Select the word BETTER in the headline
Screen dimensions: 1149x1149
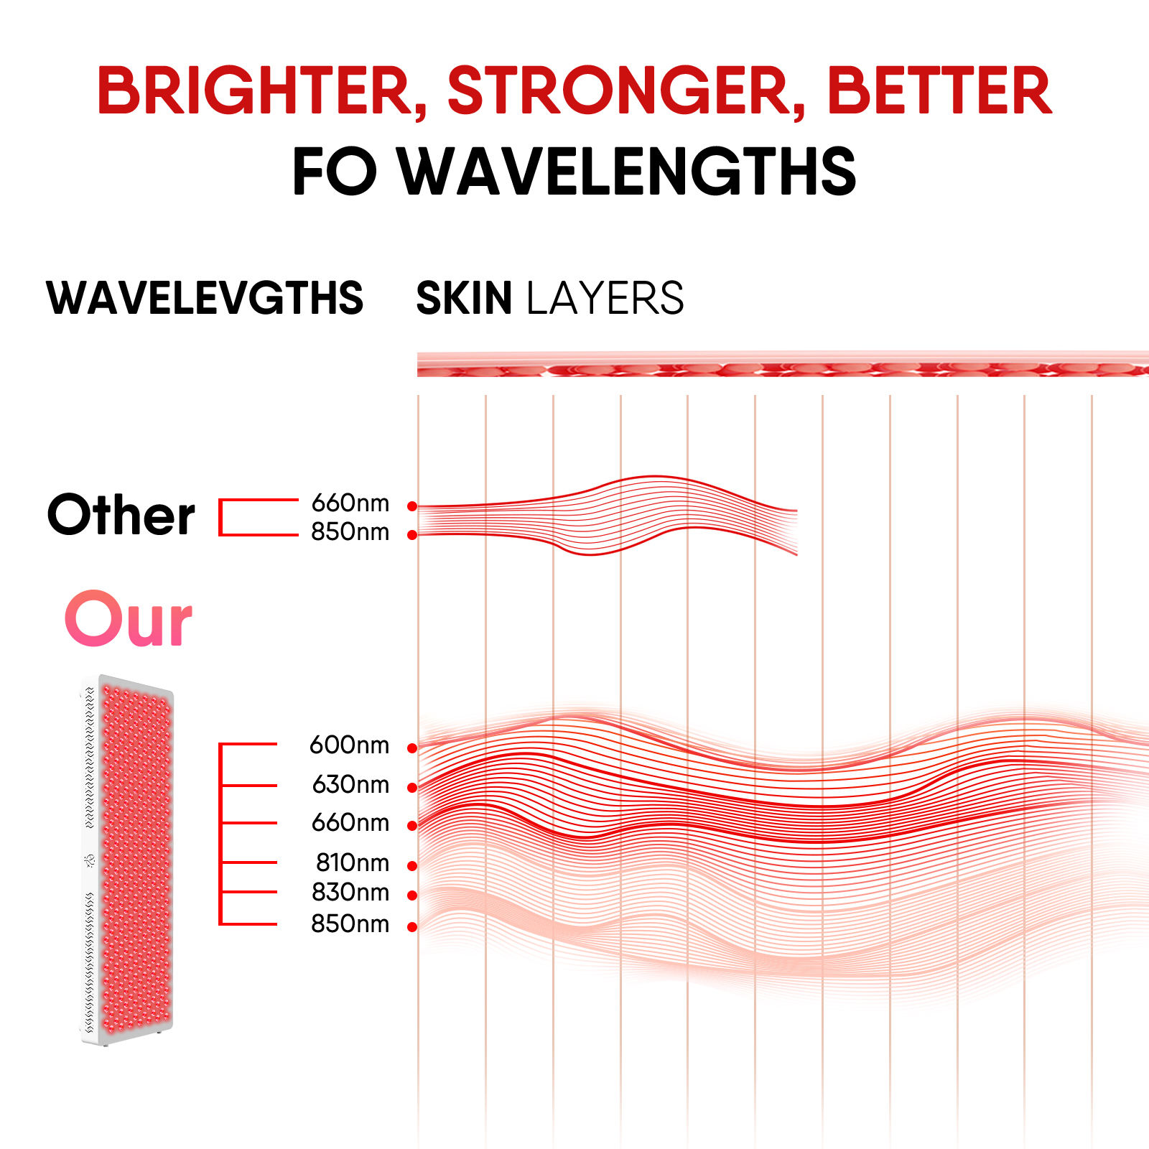939,91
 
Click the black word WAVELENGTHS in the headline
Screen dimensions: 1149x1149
627,172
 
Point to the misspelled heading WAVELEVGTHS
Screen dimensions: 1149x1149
205,298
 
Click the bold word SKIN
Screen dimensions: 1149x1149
464,298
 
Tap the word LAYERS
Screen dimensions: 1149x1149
605,298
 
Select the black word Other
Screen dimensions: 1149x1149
121,515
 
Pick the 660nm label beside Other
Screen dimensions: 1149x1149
350,503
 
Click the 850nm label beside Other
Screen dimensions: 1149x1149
350,532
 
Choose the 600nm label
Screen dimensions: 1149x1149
349,745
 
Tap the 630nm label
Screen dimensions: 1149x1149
350,784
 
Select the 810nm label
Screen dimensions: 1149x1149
352,862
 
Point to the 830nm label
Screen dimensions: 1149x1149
350,893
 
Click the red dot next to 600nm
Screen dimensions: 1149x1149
412,748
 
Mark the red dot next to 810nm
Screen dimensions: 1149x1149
412,866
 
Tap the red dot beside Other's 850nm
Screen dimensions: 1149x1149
412,535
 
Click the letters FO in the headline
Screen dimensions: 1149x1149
335,172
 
